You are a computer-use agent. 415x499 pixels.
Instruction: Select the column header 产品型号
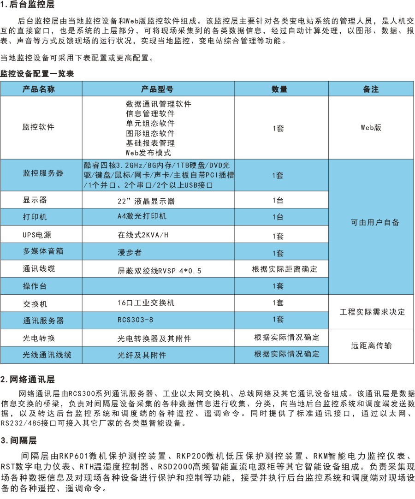click(x=157, y=89)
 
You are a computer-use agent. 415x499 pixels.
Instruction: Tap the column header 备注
click(x=371, y=89)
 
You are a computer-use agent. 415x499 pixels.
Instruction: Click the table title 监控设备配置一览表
click(x=37, y=74)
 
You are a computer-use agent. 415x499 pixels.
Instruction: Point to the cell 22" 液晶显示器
click(x=146, y=201)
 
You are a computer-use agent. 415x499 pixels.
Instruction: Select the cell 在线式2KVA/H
click(x=143, y=235)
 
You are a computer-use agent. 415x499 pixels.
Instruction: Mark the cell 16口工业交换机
click(x=146, y=303)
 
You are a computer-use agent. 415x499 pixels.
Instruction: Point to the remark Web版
click(x=371, y=128)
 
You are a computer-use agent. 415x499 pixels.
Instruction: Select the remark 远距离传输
click(x=371, y=345)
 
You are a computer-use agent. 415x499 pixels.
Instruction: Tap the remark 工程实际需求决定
click(x=372, y=312)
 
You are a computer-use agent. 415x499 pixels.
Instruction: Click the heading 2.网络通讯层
click(x=27, y=380)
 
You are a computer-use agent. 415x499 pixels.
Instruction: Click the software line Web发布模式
click(x=148, y=153)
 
